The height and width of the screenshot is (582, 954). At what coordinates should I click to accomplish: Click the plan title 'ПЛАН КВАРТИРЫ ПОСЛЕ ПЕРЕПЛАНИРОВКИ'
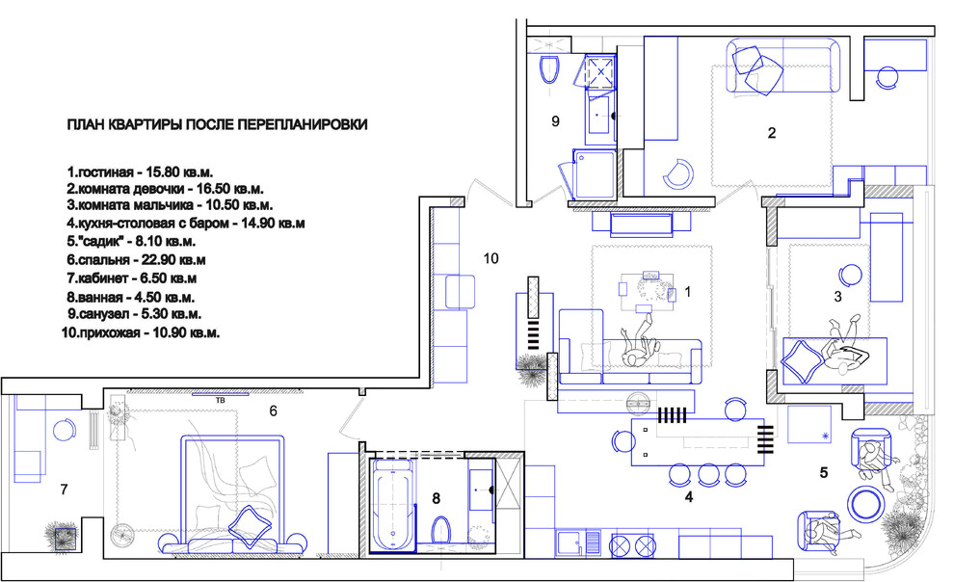pos(217,124)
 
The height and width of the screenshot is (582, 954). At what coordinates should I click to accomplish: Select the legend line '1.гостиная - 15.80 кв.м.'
pos(140,172)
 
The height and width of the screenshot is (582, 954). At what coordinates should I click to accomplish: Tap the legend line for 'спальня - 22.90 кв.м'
pos(136,260)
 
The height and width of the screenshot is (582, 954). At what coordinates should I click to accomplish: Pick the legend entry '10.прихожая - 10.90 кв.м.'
pos(141,333)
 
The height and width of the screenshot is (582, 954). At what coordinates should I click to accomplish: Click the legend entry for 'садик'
pos(131,242)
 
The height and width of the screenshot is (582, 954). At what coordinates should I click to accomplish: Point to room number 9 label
pos(555,121)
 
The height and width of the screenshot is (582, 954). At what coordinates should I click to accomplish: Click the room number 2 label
pos(772,133)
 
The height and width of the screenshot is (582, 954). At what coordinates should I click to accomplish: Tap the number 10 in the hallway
pos(491,258)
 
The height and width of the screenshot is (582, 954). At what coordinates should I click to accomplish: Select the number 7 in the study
pos(64,489)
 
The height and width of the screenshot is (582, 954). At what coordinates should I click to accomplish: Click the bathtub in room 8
pos(392,505)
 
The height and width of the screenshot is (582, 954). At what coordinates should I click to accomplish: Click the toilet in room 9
pos(549,69)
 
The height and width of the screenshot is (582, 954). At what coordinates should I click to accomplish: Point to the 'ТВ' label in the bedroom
pos(220,401)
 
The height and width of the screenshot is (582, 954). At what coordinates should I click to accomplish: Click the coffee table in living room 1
pos(647,288)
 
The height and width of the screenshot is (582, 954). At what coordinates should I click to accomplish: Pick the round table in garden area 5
pos(864,504)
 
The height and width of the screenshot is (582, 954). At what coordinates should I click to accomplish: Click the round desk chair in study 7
pos(64,431)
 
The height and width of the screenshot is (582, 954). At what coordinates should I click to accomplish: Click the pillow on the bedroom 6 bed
pos(250,526)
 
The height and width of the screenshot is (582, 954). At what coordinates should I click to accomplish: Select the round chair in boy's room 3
pos(850,277)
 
